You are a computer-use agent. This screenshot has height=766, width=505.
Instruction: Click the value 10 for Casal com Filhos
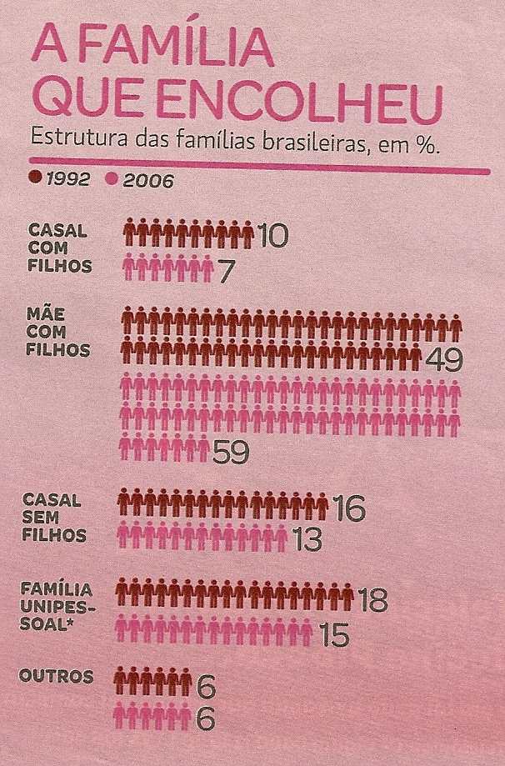272,237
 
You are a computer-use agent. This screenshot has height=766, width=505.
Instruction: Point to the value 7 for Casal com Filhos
225,270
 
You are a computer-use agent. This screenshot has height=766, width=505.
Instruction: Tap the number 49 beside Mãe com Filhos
443,359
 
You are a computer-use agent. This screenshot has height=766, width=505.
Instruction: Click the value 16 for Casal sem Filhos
348,508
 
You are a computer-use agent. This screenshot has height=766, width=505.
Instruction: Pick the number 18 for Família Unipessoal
372,598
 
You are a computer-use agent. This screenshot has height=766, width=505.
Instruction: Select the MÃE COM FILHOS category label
58,329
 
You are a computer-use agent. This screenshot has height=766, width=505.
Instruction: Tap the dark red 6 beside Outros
207,686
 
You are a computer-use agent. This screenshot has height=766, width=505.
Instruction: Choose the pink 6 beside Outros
207,718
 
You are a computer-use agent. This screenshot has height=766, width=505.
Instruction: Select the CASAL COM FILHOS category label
57,248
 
